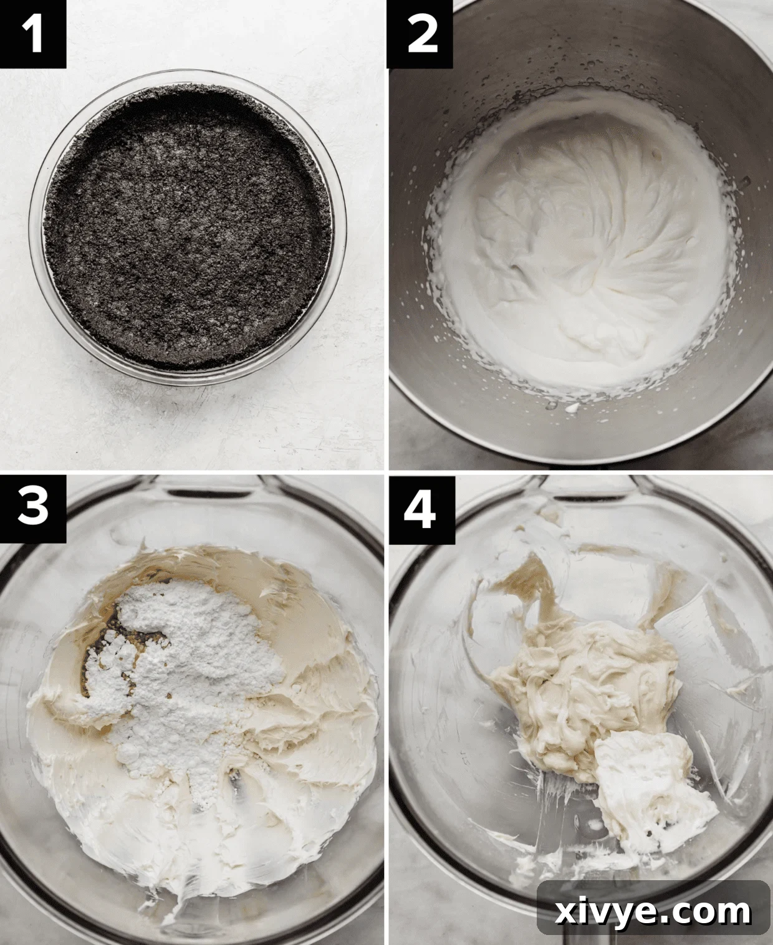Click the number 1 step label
[33, 34]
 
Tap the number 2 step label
[422, 34]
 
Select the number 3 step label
[33, 507]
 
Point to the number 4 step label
[422, 507]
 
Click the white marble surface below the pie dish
[187, 424]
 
